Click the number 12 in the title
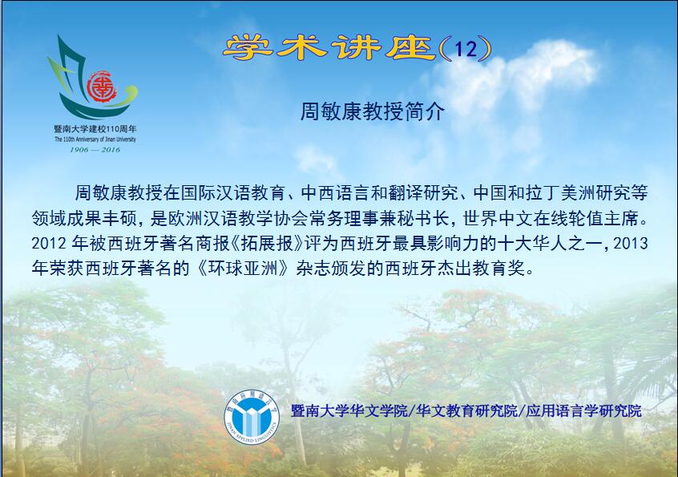tap(466, 49)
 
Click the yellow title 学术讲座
tap(329, 47)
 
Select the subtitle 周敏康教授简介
tap(373, 111)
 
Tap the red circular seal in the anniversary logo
tap(102, 87)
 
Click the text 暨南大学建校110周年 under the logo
tap(95, 129)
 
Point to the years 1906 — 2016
tap(95, 150)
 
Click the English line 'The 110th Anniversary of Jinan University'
tap(95, 139)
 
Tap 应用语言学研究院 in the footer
tap(583, 410)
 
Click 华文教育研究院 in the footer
tap(466, 410)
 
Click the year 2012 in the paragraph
tap(48, 244)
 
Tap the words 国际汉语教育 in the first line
tap(232, 193)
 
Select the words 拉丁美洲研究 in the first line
tap(578, 193)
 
